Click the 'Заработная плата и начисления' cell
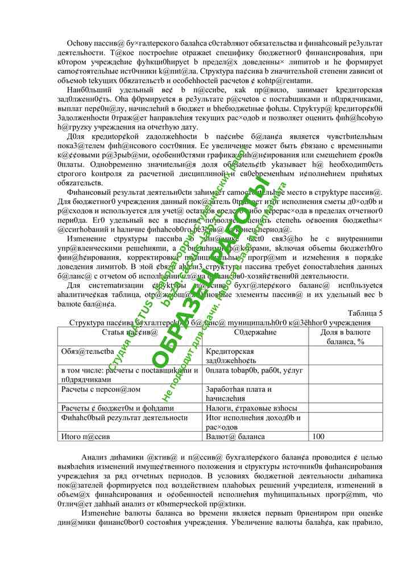point(239,394)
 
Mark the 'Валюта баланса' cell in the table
point(235,437)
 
